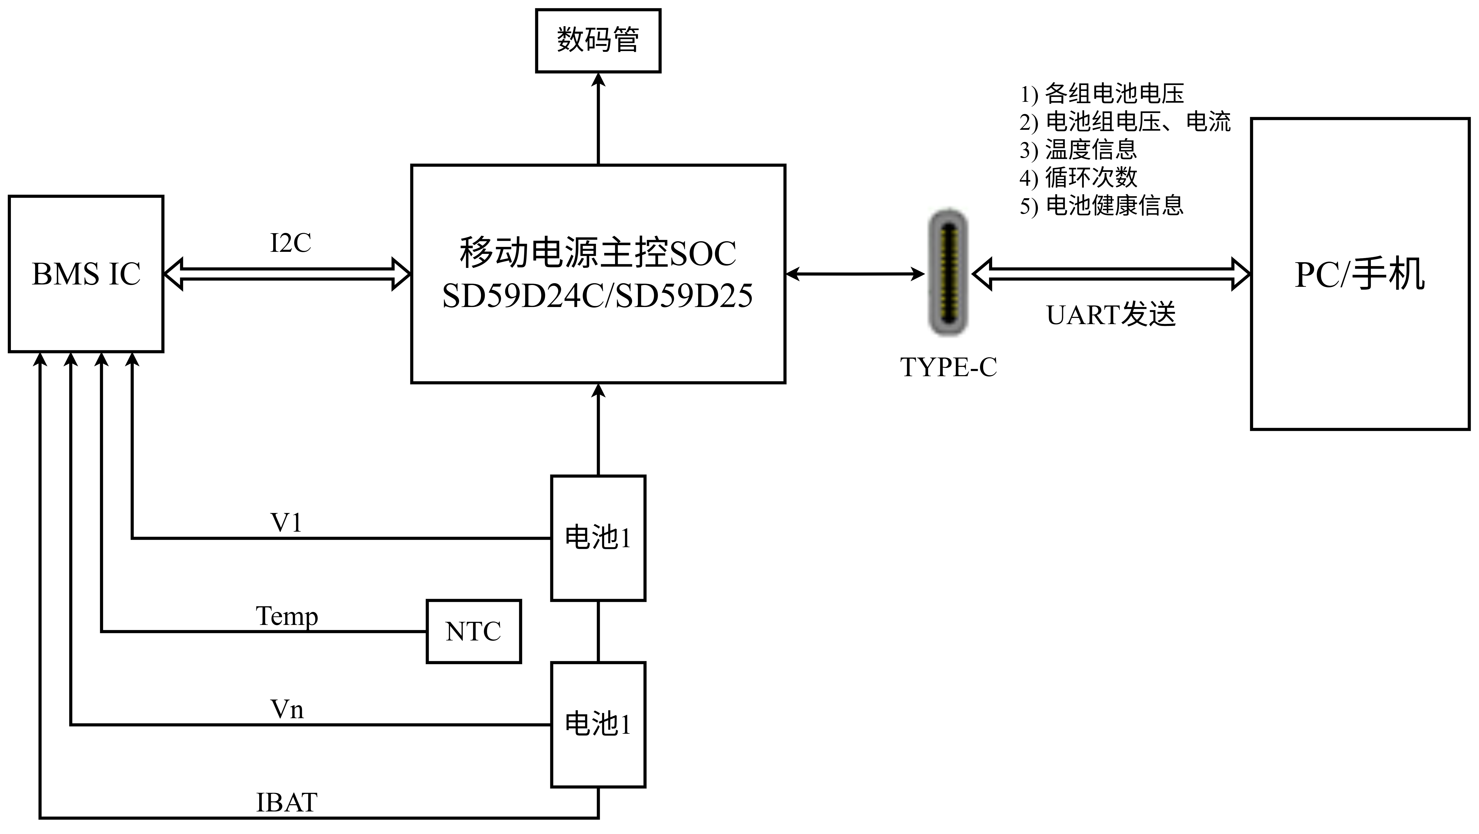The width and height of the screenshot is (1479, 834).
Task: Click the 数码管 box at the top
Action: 598,40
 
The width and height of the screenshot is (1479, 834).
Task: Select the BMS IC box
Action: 86,274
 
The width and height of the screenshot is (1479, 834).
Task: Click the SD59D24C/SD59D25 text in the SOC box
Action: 597,296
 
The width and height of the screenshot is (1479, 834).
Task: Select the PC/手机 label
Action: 1360,274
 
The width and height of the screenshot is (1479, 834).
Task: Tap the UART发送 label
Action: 1111,315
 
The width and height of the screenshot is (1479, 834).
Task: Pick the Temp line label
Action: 286,616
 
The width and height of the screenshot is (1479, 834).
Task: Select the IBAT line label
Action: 286,802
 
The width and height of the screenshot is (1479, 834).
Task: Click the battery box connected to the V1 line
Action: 598,538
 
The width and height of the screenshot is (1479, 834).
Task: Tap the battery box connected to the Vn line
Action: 598,724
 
